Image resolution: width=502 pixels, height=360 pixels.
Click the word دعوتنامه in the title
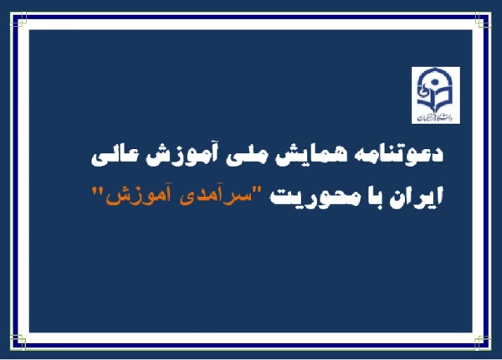click(411, 156)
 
